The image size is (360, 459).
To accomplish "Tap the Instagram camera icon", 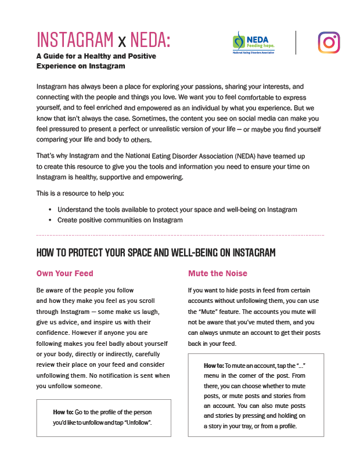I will (329, 42).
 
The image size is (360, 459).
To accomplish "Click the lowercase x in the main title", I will (121, 41).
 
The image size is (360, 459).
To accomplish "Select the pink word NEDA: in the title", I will (150, 39).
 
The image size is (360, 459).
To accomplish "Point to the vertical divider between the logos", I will (296, 42).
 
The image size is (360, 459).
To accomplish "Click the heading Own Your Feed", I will (65, 273).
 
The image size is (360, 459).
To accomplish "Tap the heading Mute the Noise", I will (218, 273).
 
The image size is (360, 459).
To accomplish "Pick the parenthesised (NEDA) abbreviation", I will (252, 157).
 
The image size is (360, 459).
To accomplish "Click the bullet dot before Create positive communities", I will (50, 220).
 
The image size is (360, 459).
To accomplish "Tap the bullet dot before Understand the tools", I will (50, 209).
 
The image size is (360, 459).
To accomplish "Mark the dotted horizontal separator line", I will (180, 235).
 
